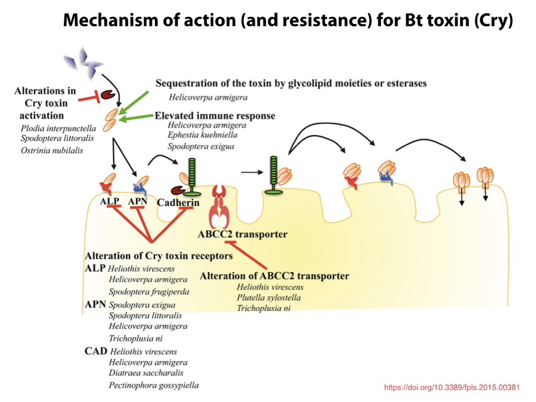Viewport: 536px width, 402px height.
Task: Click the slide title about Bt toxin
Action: click(x=288, y=20)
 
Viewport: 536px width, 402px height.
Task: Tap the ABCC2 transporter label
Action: click(x=242, y=234)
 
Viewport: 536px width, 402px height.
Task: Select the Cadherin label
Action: click(x=178, y=203)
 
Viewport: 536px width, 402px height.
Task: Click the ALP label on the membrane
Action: click(x=109, y=202)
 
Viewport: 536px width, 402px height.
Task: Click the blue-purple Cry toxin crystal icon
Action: click(x=82, y=59)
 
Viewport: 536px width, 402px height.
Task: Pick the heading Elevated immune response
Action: click(x=215, y=116)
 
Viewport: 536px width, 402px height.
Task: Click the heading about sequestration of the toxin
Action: click(x=291, y=83)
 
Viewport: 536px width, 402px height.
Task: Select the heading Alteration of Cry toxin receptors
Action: click(x=159, y=256)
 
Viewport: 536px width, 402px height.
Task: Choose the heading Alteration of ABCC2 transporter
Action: click(x=274, y=276)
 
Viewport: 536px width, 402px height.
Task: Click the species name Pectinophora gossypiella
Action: click(x=153, y=385)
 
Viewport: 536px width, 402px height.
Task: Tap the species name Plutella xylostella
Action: click(x=269, y=297)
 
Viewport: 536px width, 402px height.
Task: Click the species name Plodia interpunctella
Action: click(x=58, y=128)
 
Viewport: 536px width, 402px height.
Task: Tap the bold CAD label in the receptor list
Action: click(x=95, y=351)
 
